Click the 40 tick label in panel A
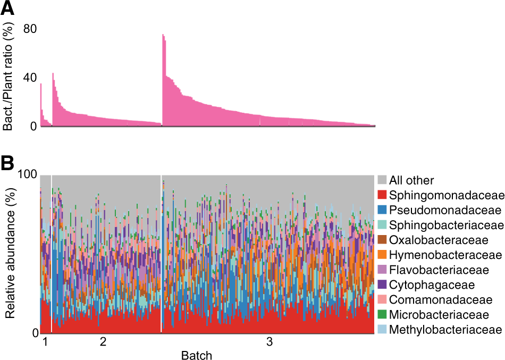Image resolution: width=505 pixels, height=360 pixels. [x=29, y=78]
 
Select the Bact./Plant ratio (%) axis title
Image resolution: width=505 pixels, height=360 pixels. [x=9, y=78]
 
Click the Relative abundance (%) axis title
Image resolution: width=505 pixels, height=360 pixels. [x=9, y=254]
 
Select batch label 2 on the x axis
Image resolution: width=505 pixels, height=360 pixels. [x=104, y=342]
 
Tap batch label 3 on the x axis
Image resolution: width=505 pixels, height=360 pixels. [x=270, y=342]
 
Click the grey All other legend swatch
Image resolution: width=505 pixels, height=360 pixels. [x=382, y=180]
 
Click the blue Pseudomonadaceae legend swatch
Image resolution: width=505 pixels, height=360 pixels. [x=382, y=210]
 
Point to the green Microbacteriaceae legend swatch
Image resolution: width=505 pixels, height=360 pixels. [x=382, y=315]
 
